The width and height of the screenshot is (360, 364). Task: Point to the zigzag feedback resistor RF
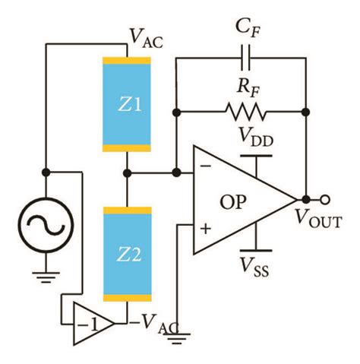[245, 113]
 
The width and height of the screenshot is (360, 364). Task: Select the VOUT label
[318, 220]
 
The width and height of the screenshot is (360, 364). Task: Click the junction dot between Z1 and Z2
[128, 173]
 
